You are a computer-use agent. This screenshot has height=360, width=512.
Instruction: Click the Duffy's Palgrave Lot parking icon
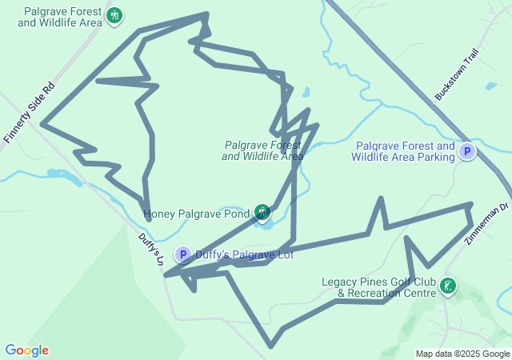pos(183,255)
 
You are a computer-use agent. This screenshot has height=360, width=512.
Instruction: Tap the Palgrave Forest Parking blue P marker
pos(466,151)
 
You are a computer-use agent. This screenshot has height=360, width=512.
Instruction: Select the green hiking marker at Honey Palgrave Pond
pos(262,212)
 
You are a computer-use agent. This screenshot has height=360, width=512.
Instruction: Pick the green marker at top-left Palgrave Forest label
pos(114,16)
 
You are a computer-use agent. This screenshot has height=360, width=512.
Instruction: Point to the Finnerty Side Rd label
pos(28,111)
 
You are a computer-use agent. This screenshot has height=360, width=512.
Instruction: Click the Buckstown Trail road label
pos(457,74)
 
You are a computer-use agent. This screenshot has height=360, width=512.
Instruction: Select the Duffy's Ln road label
pos(150,249)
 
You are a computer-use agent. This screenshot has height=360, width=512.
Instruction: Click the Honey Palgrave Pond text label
pos(197,214)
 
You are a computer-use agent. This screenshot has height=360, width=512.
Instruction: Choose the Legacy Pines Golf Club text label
pos(378,287)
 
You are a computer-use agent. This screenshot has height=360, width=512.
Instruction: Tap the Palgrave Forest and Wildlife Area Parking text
pos(403,151)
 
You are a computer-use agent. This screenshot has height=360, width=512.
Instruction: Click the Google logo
pos(26,350)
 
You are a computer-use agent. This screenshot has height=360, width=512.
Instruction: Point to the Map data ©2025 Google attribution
pos(462,354)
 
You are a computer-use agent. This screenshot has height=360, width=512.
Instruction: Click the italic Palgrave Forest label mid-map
pos(262,150)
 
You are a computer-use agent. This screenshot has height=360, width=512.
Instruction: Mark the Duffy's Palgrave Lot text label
pos(244,255)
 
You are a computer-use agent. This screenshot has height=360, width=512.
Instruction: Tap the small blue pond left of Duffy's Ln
pos(58,174)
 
